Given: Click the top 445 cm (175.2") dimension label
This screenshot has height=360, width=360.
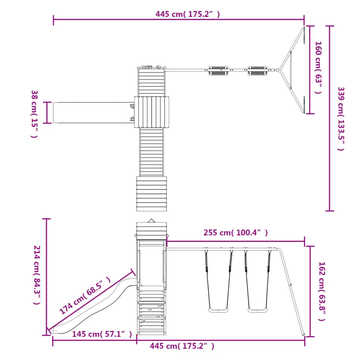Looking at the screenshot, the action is [188, 14].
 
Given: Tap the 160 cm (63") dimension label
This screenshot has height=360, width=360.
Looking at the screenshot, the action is [318, 67].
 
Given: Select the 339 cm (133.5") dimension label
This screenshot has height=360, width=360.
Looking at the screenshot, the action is [341, 119].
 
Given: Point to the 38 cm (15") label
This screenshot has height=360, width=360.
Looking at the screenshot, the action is [34, 114].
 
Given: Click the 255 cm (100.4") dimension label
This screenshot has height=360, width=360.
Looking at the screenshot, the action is [236, 233].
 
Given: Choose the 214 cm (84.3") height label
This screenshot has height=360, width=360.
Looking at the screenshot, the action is [37, 275].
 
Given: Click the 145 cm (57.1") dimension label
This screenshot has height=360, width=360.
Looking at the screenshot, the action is [102, 334].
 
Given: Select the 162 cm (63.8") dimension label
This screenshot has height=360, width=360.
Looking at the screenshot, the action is [322, 291].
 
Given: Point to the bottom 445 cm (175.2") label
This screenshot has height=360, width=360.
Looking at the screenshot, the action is [182, 346].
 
